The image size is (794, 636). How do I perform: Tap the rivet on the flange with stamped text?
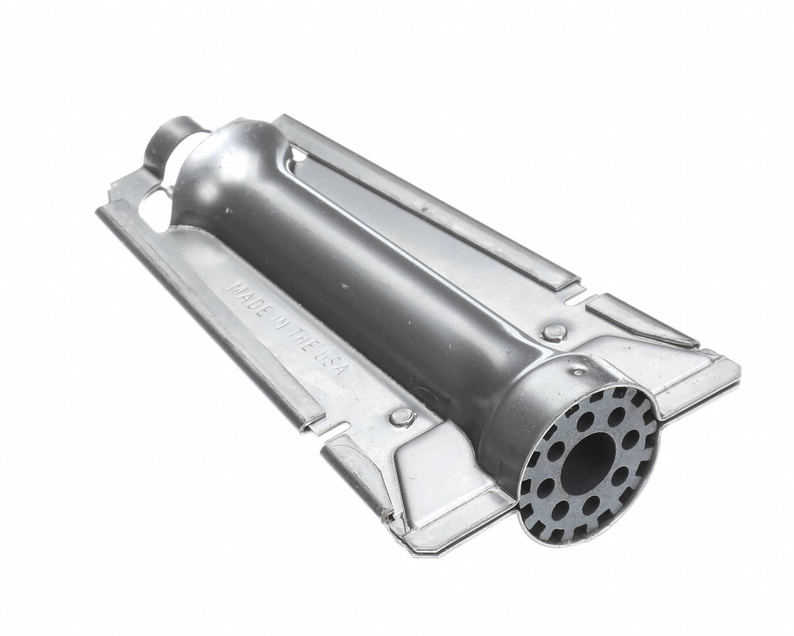point(401,417)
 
